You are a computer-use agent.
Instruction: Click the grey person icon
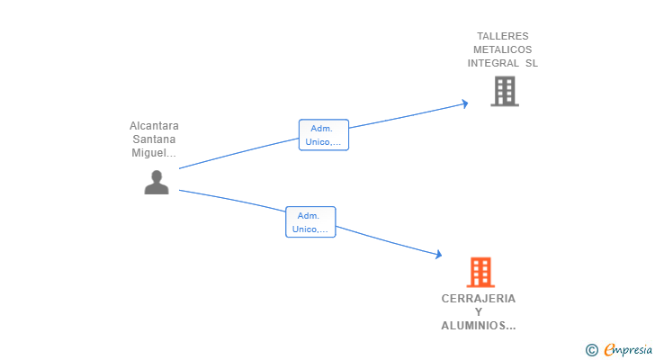coord(157,182)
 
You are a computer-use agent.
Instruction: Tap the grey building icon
coord(504,91)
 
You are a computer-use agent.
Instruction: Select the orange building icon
coord(480,272)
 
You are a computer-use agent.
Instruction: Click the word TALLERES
coord(503,37)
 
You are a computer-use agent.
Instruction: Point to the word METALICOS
coord(503,50)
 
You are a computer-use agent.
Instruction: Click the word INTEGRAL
coord(493,63)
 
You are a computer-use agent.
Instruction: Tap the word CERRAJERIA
coord(479,299)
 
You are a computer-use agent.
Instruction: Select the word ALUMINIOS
coord(476,326)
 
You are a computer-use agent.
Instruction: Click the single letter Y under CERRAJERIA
coord(479,312)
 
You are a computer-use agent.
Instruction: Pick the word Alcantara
coord(154,126)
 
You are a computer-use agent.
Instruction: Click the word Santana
coord(154,139)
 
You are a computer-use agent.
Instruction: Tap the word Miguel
coord(151,153)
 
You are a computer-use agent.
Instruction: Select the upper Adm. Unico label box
coord(323,135)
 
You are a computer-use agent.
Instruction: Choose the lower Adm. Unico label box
coord(310,222)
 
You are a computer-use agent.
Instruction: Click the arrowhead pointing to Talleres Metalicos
coord(464,103)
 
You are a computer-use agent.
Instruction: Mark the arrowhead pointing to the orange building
coord(438,255)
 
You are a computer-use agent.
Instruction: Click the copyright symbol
coord(591,350)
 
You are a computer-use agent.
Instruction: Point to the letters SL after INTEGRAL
coord(531,63)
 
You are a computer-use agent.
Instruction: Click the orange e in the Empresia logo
coord(610,350)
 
